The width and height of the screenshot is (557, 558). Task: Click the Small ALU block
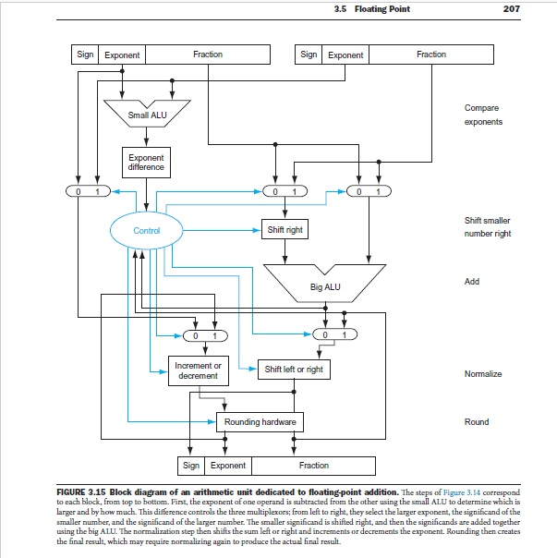coord(147,115)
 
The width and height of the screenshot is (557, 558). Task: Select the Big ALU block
coord(324,285)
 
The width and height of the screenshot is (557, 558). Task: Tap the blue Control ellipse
coord(147,230)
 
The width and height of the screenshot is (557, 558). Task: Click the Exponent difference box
coord(147,163)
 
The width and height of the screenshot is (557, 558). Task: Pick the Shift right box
coord(284,229)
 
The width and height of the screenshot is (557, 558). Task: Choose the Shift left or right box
coord(294,370)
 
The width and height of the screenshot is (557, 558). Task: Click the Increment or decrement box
coord(198,370)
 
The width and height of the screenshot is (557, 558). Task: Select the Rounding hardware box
coord(260,422)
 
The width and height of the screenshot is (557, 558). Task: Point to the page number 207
coord(514,9)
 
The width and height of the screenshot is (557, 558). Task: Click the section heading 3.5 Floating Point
coord(374,9)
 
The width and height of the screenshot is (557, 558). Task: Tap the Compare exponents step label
coord(484,115)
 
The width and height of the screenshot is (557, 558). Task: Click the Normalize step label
coord(483,374)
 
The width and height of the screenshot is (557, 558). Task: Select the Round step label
coord(478,422)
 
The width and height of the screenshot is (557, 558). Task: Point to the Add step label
coord(472,282)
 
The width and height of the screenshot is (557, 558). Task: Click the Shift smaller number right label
coord(486,227)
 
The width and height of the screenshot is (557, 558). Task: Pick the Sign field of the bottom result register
coord(191,466)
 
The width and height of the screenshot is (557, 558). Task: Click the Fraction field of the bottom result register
coord(313,466)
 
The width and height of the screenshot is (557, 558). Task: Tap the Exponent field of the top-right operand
coord(345,55)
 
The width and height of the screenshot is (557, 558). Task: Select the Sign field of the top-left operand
coord(85,55)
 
